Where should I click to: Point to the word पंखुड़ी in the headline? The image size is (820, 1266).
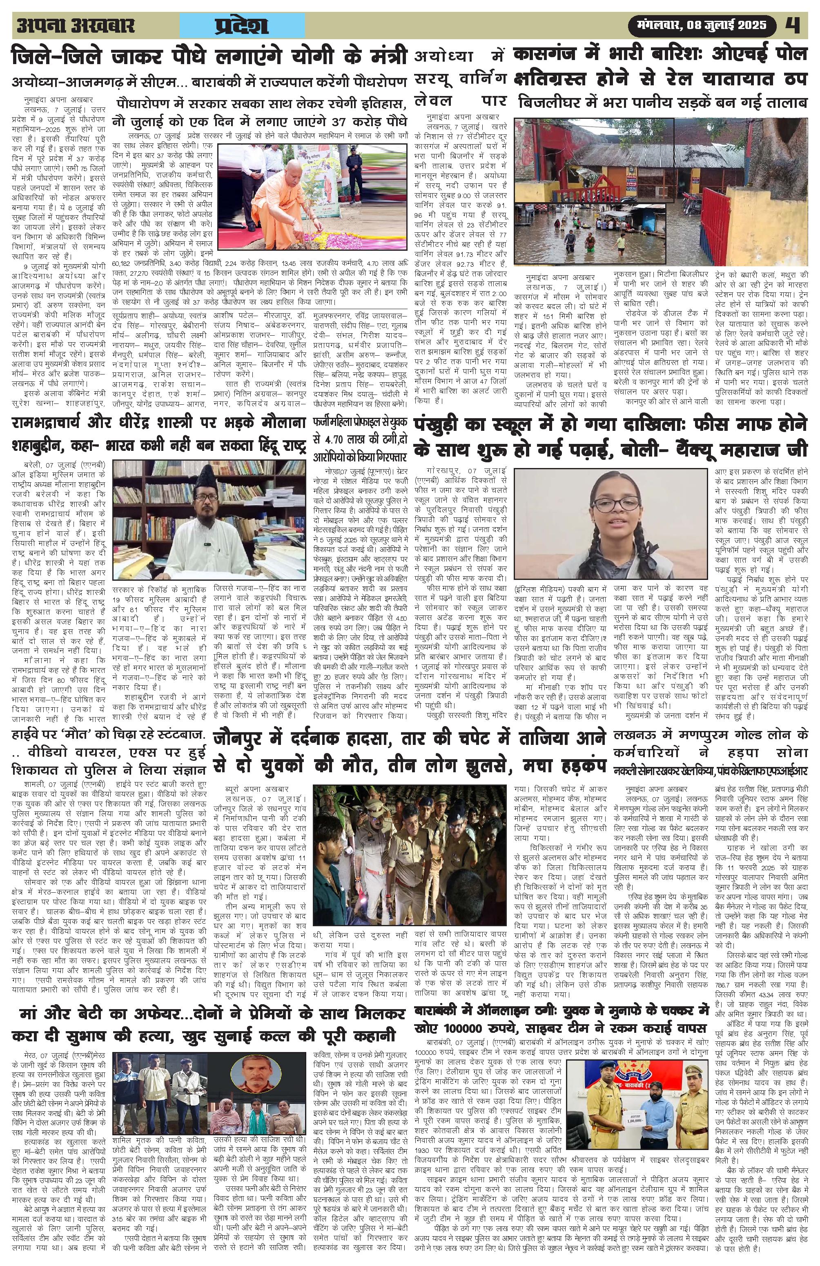pyautogui.click(x=447, y=426)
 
